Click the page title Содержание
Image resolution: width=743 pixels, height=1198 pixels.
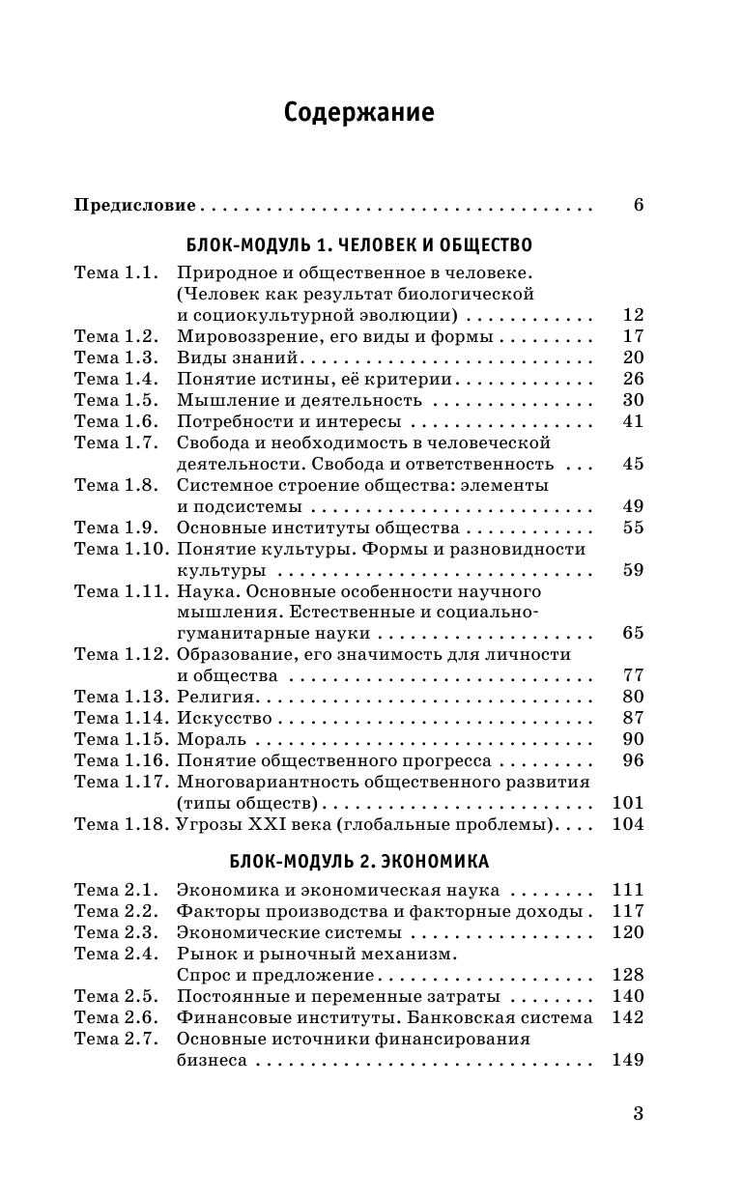[359, 113]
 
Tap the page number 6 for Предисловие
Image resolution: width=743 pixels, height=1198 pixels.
[638, 205]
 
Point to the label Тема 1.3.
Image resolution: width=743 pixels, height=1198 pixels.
[115, 357]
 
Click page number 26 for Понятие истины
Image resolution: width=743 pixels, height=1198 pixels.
[633, 379]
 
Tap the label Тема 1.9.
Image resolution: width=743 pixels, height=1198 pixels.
[115, 528]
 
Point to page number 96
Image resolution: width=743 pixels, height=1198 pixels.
[633, 761]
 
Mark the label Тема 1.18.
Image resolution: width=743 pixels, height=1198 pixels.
[119, 825]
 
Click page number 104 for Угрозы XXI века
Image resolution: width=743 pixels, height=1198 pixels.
[628, 825]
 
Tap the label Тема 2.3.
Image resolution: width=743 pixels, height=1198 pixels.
[115, 933]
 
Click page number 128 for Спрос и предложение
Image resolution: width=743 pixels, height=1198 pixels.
[628, 976]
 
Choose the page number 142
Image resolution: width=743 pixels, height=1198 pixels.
[628, 1018]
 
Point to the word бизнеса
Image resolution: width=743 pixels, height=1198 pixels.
[211, 1061]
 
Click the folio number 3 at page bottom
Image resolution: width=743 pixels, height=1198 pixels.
[638, 1113]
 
